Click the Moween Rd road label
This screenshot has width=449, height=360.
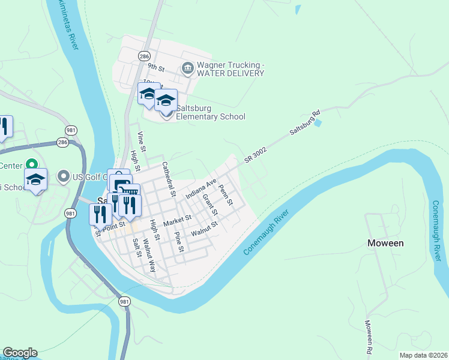369,336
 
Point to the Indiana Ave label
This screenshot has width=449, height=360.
200,188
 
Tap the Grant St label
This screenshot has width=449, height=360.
209,205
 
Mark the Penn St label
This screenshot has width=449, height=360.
226,194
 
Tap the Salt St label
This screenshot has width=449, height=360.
136,248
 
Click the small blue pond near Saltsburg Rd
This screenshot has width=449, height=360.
318,123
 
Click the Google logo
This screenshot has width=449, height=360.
20,353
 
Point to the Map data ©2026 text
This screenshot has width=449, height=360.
423,355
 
